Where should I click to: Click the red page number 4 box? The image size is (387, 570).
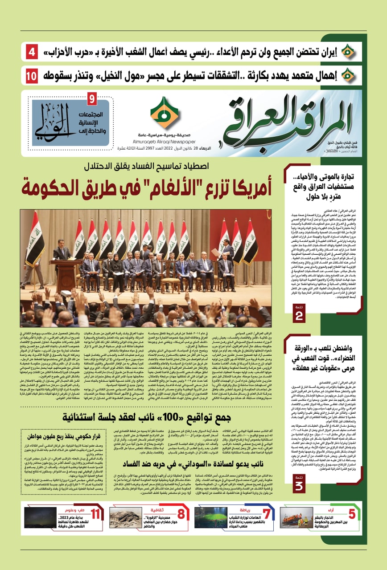click(32, 53)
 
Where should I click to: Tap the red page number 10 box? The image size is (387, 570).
click(32, 75)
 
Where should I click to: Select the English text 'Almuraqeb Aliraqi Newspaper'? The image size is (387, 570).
click(164, 138)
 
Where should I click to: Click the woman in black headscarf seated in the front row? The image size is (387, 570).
click(117, 266)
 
